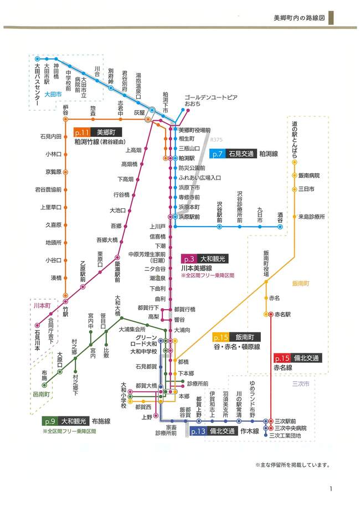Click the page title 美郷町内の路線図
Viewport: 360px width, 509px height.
299,17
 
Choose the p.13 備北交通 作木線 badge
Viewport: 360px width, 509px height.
214,431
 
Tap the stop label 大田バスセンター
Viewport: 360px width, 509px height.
37,85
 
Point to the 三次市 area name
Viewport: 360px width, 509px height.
301,383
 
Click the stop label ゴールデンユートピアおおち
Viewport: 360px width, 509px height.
210,100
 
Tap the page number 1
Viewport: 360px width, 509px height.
330,489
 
